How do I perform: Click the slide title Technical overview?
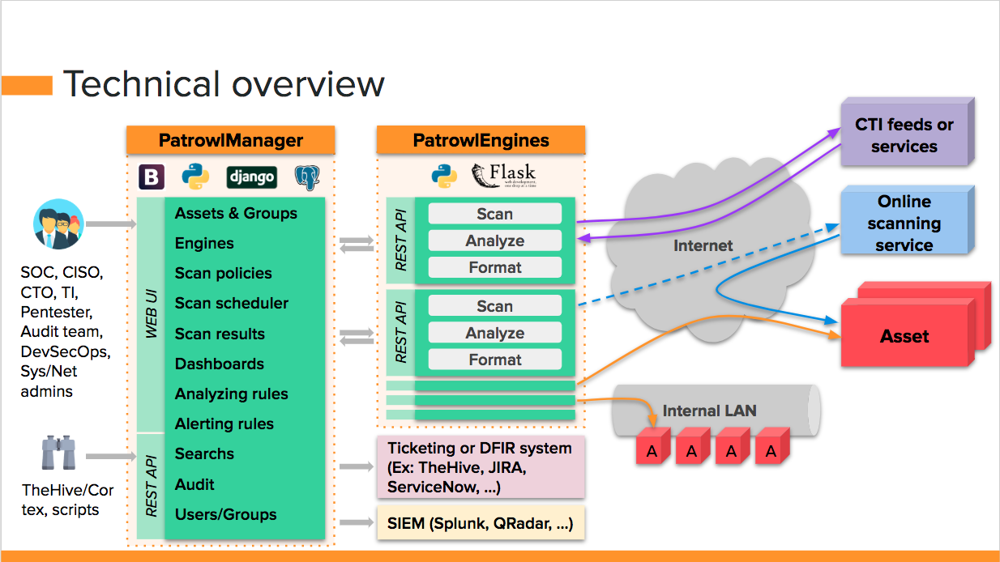tap(224, 84)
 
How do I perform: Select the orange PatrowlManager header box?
tap(230, 140)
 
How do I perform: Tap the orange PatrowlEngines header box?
tap(481, 140)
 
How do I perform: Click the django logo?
tap(252, 177)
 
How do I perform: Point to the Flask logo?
tap(503, 175)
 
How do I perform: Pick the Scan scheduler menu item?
tap(232, 304)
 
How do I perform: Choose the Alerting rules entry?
tap(224, 424)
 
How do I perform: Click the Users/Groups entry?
tap(226, 514)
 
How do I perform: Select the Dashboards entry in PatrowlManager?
tap(220, 364)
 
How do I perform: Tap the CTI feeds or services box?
tap(904, 135)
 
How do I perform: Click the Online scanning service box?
tap(904, 223)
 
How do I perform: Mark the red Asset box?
tap(904, 336)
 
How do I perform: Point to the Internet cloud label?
tap(703, 245)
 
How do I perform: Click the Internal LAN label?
tap(709, 411)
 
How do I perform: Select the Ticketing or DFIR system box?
tap(481, 467)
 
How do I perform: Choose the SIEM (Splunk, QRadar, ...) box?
tap(481, 524)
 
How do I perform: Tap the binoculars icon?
tap(59, 453)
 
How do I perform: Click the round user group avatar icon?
tap(59, 224)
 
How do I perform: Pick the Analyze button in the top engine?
tap(494, 241)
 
